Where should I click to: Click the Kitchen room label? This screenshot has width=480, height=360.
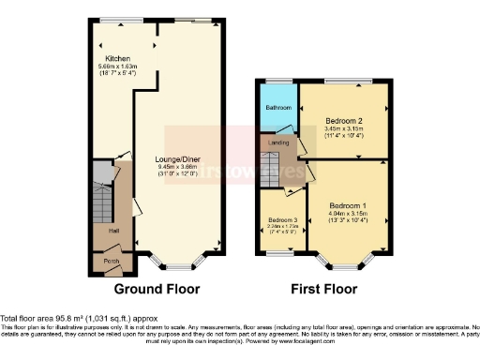(x=117, y=58)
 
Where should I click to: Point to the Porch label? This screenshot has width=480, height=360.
(x=111, y=261)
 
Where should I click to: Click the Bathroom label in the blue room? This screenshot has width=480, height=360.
(x=278, y=108)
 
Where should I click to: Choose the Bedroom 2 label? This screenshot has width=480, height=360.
(x=344, y=121)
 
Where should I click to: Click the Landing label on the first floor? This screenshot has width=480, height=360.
(x=279, y=142)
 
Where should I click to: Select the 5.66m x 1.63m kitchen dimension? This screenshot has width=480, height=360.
(x=118, y=67)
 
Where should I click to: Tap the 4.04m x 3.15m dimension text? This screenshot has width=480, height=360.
(x=348, y=214)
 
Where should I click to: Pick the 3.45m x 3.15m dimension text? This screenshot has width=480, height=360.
(x=344, y=129)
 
